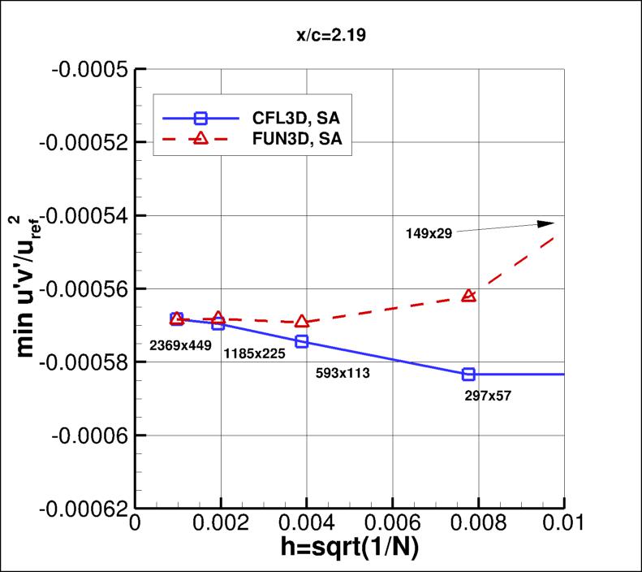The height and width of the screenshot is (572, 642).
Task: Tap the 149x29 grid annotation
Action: pos(429,233)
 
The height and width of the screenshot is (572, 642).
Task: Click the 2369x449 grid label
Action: pos(180,345)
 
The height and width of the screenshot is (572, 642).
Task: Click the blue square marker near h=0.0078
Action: pos(468,374)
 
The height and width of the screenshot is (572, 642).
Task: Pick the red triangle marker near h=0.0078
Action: pos(468,296)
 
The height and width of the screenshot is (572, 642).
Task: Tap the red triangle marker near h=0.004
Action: pos(302,322)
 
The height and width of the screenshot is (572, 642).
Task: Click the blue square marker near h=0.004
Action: pos(302,341)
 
